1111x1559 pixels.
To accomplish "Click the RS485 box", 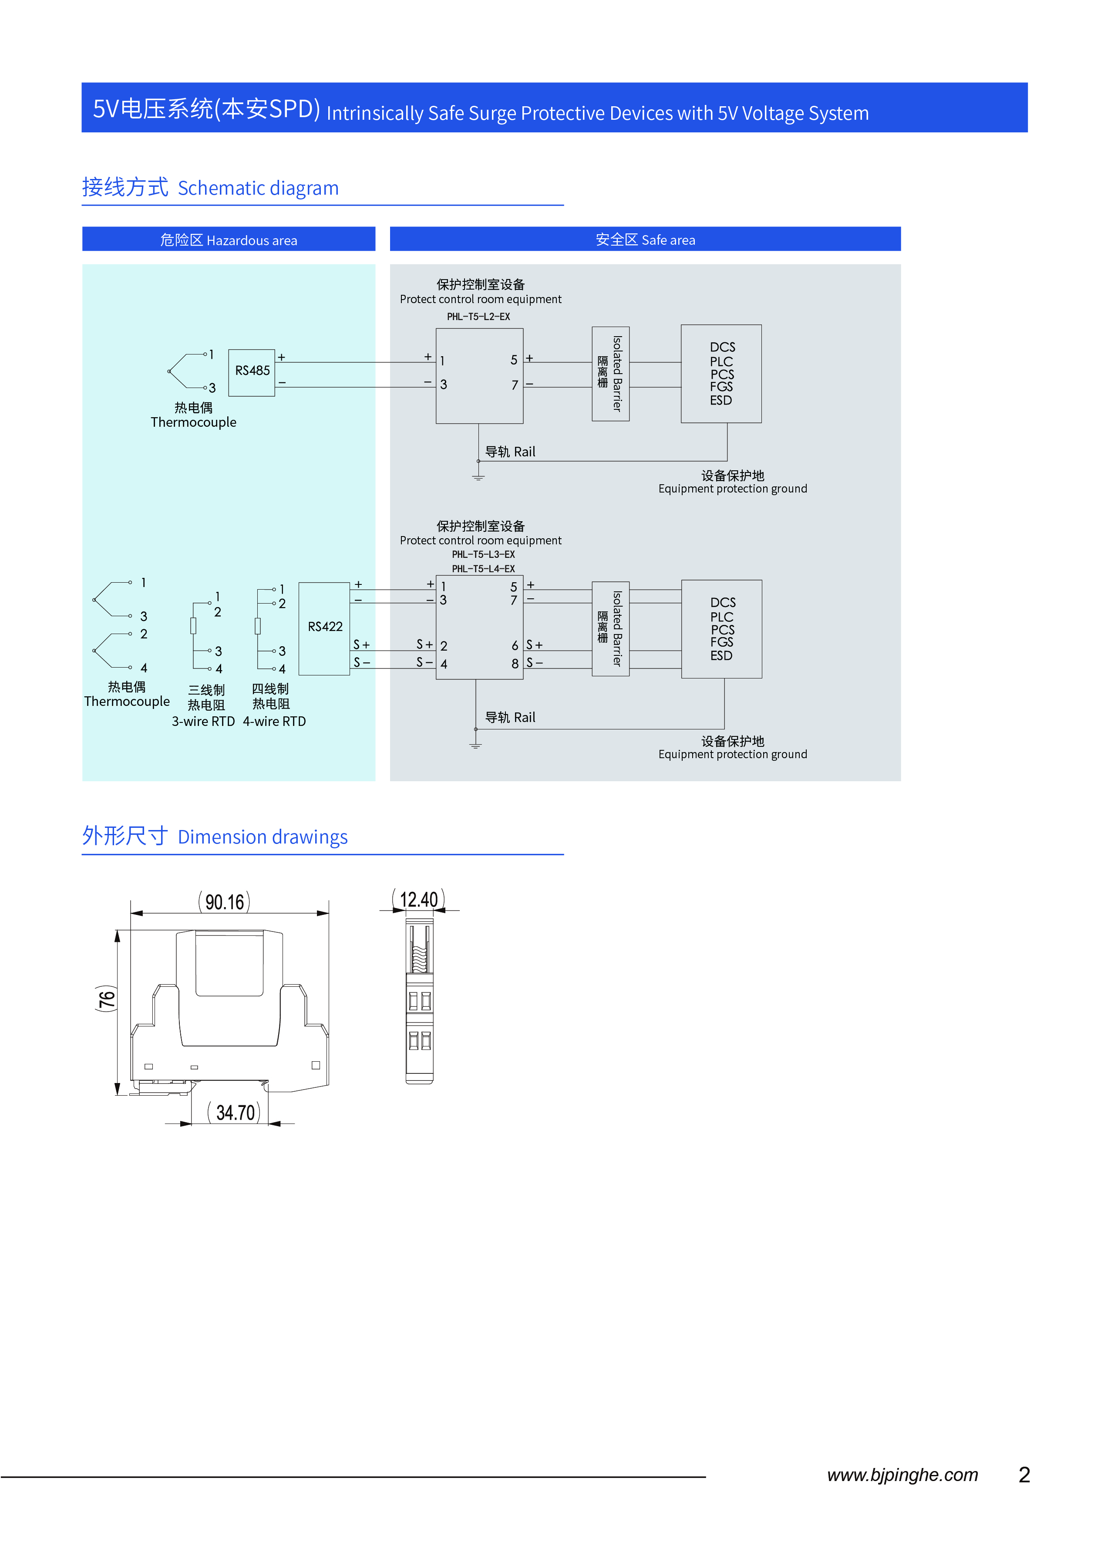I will coord(252,372).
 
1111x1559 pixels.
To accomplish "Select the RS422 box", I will coord(324,628).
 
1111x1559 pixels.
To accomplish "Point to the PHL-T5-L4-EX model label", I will coord(483,569).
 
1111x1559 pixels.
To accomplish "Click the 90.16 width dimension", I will coord(224,902).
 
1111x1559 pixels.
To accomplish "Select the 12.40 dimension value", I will coord(419,899).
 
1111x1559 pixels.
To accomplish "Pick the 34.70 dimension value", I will coord(236,1113).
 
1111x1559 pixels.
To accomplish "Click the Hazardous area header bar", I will coord(229,240).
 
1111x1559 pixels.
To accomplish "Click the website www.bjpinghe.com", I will coord(902,1475).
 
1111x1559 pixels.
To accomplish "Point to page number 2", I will coord(1024,1475).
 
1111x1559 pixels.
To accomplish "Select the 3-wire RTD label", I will coord(203,721).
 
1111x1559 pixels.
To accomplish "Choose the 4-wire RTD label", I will coord(274,721).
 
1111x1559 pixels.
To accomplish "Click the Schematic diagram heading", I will coord(258,188).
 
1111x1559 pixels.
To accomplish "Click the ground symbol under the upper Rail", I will coord(478,476).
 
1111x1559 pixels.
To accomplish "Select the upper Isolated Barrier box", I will coord(610,374).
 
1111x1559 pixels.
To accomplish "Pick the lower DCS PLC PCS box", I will coord(722,629).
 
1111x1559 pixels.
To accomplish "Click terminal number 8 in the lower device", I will coord(515,664).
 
